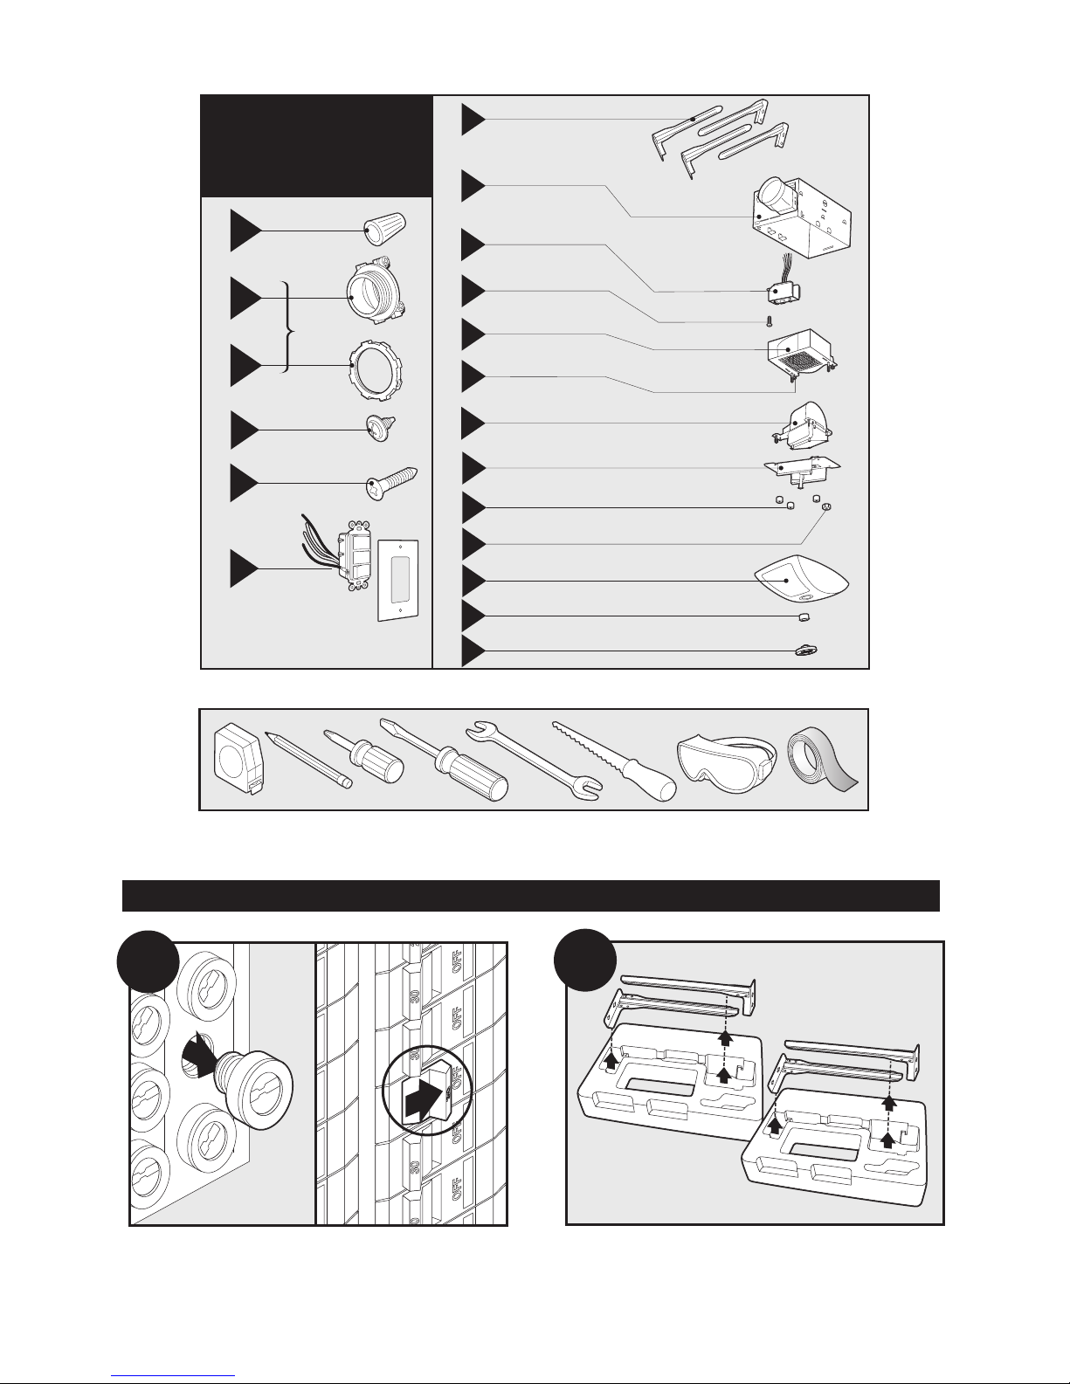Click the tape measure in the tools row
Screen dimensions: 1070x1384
click(x=238, y=759)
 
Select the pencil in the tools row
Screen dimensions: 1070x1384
click(x=307, y=760)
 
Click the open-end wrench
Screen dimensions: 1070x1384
click(x=534, y=760)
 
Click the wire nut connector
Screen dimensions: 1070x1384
click(x=384, y=229)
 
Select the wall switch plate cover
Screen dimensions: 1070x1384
click(x=398, y=580)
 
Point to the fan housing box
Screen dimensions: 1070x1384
click(x=801, y=216)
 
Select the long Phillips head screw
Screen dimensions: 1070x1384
click(x=392, y=481)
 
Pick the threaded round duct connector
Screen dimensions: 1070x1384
click(x=376, y=290)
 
